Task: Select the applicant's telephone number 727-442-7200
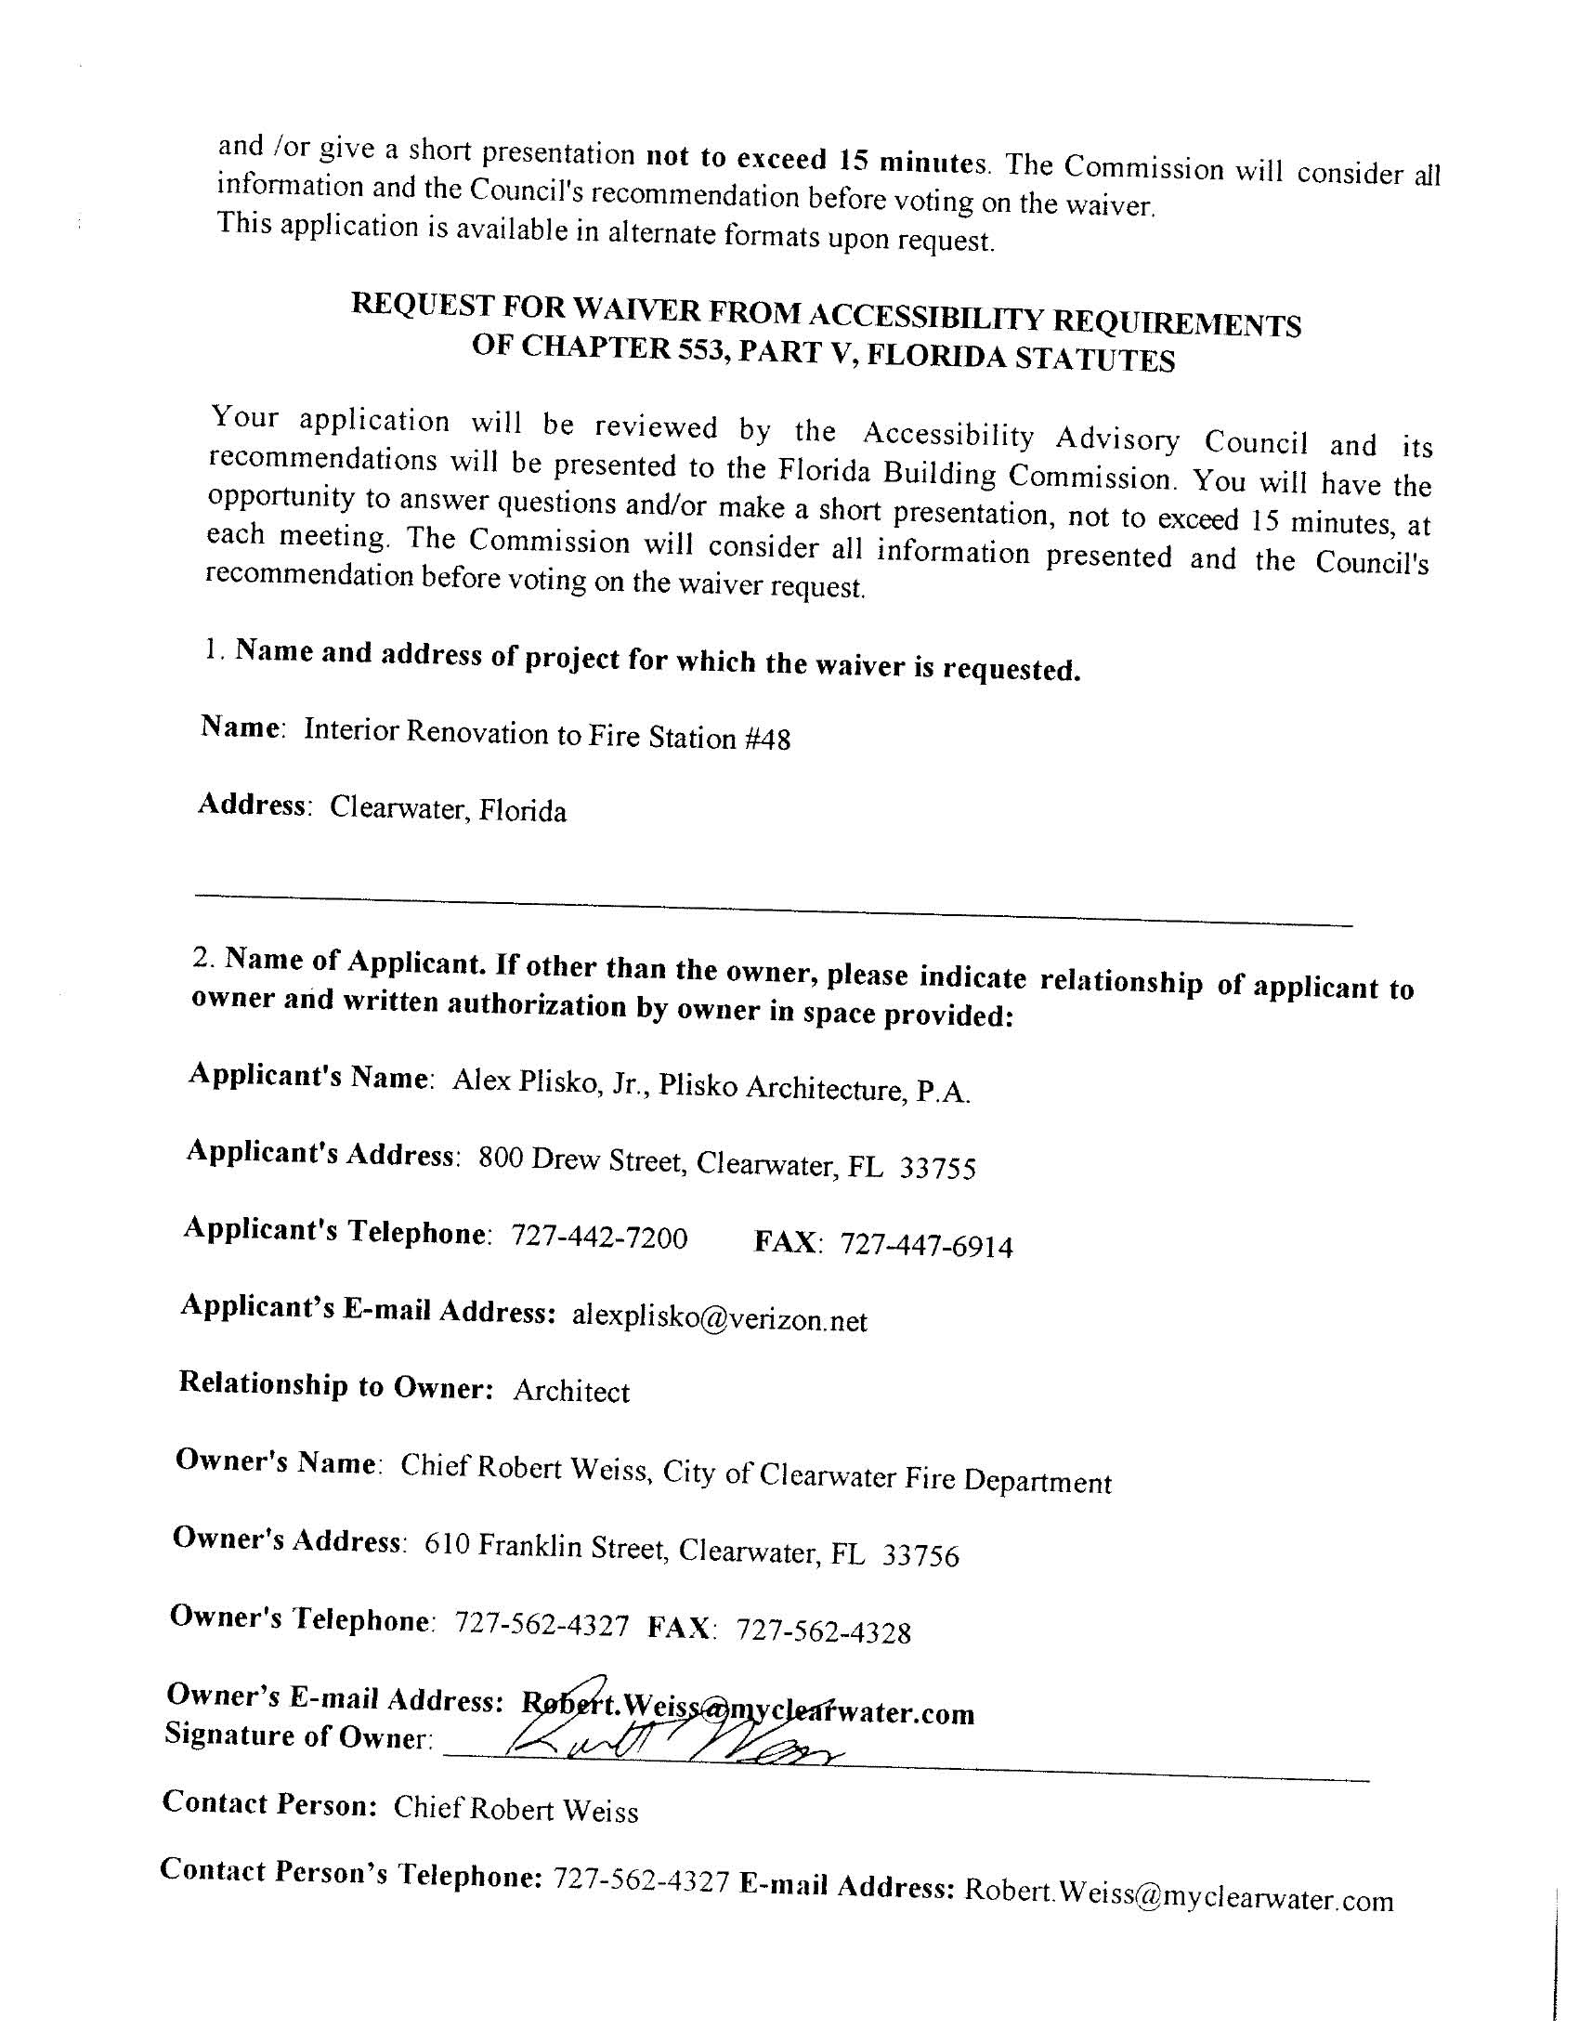[599, 1237]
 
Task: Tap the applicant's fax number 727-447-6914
[926, 1246]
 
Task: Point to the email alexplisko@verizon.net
[719, 1319]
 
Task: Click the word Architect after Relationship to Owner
[571, 1391]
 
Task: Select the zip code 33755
[937, 1169]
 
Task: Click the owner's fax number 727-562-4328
[823, 1631]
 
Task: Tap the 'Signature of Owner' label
[298, 1735]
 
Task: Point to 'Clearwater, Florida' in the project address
[448, 809]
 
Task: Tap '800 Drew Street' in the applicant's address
[580, 1161]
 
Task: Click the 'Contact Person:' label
[269, 1802]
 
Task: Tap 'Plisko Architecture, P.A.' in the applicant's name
[814, 1087]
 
